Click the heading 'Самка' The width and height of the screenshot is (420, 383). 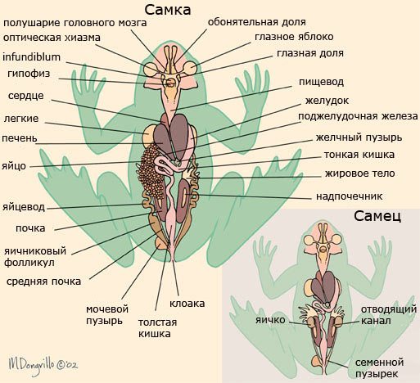(167, 11)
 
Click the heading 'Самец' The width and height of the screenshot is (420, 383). (377, 216)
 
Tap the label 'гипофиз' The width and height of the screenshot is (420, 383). (29, 74)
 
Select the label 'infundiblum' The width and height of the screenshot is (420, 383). (31, 57)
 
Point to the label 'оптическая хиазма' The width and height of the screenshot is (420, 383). (52, 38)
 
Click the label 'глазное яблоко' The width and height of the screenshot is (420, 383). (294, 37)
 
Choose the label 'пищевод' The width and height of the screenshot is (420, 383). (321, 82)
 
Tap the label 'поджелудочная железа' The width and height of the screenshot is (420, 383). (358, 116)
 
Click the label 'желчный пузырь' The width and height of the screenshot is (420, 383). (359, 137)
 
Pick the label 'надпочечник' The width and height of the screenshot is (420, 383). (350, 196)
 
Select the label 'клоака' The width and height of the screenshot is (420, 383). (187, 304)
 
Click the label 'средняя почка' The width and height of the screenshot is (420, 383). (43, 282)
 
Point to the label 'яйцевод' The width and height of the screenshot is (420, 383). (24, 207)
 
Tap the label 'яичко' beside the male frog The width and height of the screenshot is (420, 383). (270, 320)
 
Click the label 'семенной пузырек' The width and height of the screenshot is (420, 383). (379, 368)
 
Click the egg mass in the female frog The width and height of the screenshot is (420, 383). (150, 171)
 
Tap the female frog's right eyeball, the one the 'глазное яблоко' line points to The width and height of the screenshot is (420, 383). (190, 68)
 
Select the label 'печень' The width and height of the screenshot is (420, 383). (20, 138)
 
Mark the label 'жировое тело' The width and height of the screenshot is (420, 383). (359, 173)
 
